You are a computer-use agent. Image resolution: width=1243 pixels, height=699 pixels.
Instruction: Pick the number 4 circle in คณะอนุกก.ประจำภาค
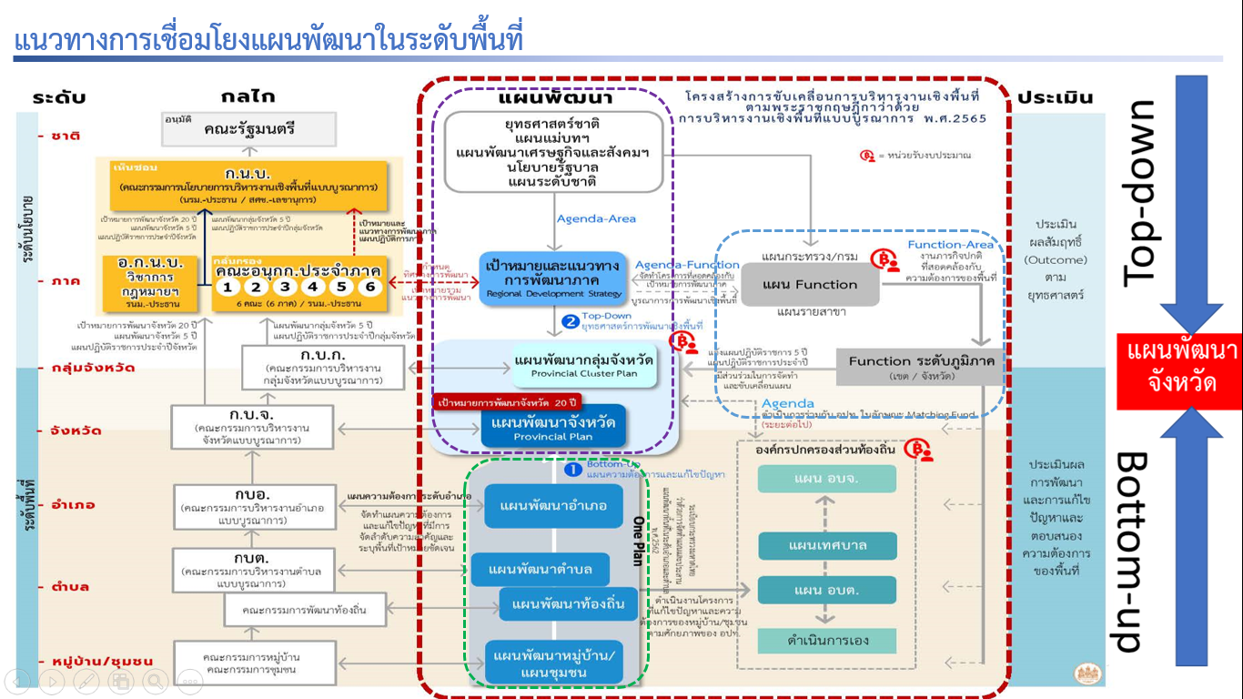(x=311, y=287)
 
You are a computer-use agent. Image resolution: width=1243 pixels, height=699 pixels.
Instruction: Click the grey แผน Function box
(x=810, y=285)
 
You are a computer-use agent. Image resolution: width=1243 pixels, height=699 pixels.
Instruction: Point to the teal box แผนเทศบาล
(x=827, y=545)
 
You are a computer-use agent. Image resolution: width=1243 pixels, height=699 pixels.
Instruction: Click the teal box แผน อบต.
(x=827, y=590)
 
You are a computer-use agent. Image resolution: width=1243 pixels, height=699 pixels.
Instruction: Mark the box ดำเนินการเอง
(x=827, y=640)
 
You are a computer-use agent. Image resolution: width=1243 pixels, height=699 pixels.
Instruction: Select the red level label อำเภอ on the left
(x=72, y=504)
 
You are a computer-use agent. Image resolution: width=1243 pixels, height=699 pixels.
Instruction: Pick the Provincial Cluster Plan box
(x=583, y=365)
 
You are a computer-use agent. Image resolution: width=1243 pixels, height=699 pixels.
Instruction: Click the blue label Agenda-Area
(x=596, y=218)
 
